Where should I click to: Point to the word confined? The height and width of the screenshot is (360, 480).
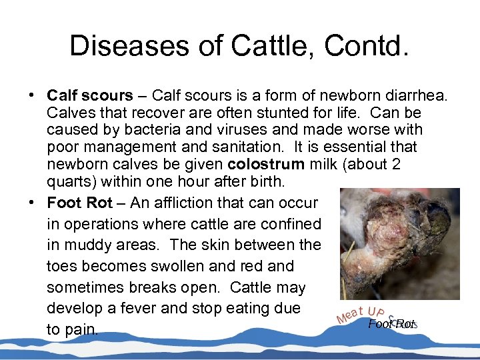point(288,223)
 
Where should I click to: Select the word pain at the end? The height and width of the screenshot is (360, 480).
point(82,330)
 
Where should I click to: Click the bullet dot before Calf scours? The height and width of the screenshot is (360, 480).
point(32,95)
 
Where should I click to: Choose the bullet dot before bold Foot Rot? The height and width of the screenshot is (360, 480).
point(32,202)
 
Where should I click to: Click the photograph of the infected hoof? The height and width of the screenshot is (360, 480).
point(399,243)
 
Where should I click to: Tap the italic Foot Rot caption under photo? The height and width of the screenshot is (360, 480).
point(391,324)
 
